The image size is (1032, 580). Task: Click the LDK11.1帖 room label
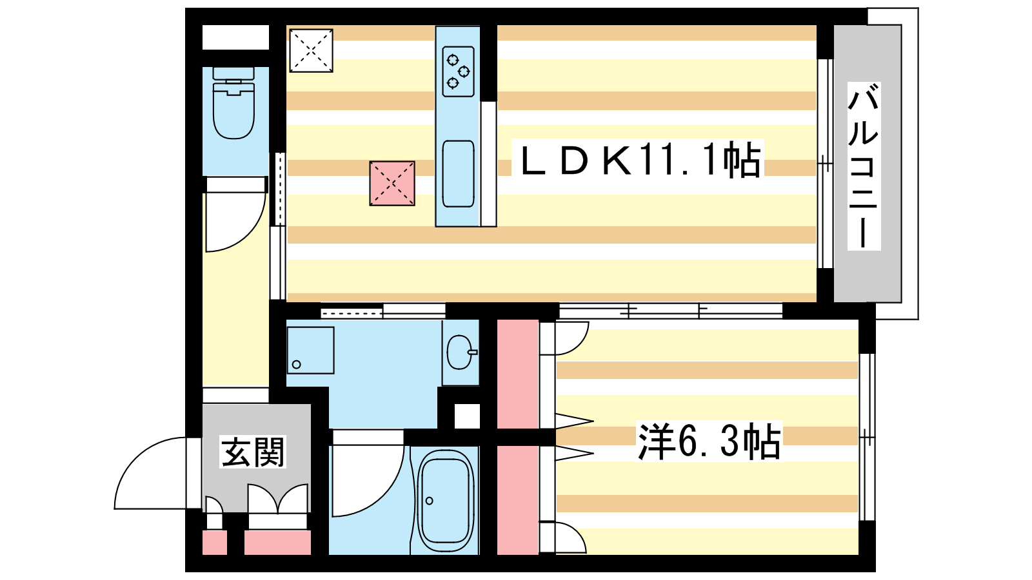(x=640, y=159)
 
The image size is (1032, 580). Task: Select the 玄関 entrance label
(x=252, y=452)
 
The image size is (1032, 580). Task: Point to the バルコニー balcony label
(x=864, y=166)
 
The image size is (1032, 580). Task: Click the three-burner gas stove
(x=458, y=72)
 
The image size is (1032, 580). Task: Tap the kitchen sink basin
(x=458, y=173)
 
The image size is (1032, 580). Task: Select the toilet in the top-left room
(x=234, y=102)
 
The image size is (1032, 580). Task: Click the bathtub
(x=446, y=497)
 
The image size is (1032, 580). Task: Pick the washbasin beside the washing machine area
(x=461, y=352)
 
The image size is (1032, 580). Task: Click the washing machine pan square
(x=310, y=351)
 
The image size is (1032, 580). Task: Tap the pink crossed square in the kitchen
(x=392, y=183)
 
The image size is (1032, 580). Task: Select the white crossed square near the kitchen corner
(x=311, y=51)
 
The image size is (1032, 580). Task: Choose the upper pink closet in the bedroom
(x=518, y=374)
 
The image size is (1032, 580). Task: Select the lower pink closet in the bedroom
(x=518, y=500)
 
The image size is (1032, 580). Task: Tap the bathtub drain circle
(x=430, y=501)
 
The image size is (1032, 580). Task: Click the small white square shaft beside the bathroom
(x=467, y=416)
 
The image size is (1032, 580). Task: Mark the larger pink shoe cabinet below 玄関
(x=277, y=543)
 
